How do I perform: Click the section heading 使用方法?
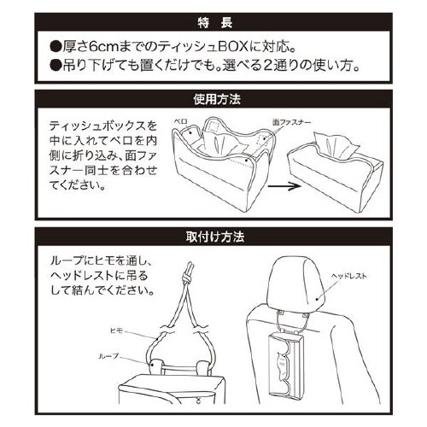click(212, 99)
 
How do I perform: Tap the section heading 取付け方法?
click(212, 235)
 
